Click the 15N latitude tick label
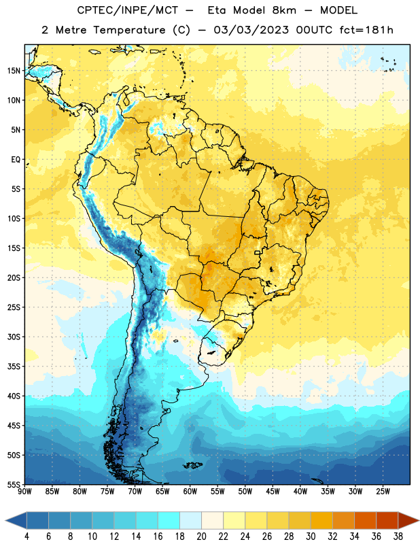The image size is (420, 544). (14, 71)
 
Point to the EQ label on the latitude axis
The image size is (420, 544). (16, 160)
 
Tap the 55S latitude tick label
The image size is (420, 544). (14, 484)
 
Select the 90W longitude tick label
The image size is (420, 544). (24, 492)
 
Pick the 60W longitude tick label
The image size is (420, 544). (190, 492)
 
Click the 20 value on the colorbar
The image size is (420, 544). (201, 537)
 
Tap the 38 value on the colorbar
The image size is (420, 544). (398, 537)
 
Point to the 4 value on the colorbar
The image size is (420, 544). (27, 537)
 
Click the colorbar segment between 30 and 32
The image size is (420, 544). (321, 521)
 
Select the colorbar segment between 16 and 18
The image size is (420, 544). (169, 521)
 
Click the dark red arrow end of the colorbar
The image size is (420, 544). (408, 521)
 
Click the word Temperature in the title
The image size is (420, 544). (129, 30)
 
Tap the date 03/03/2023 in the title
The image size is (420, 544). (251, 30)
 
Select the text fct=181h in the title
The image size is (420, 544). (366, 30)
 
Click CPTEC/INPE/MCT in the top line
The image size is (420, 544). (127, 10)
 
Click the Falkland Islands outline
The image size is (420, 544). (193, 465)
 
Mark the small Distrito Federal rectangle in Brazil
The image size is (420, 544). (258, 252)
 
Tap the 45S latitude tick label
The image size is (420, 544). (14, 426)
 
